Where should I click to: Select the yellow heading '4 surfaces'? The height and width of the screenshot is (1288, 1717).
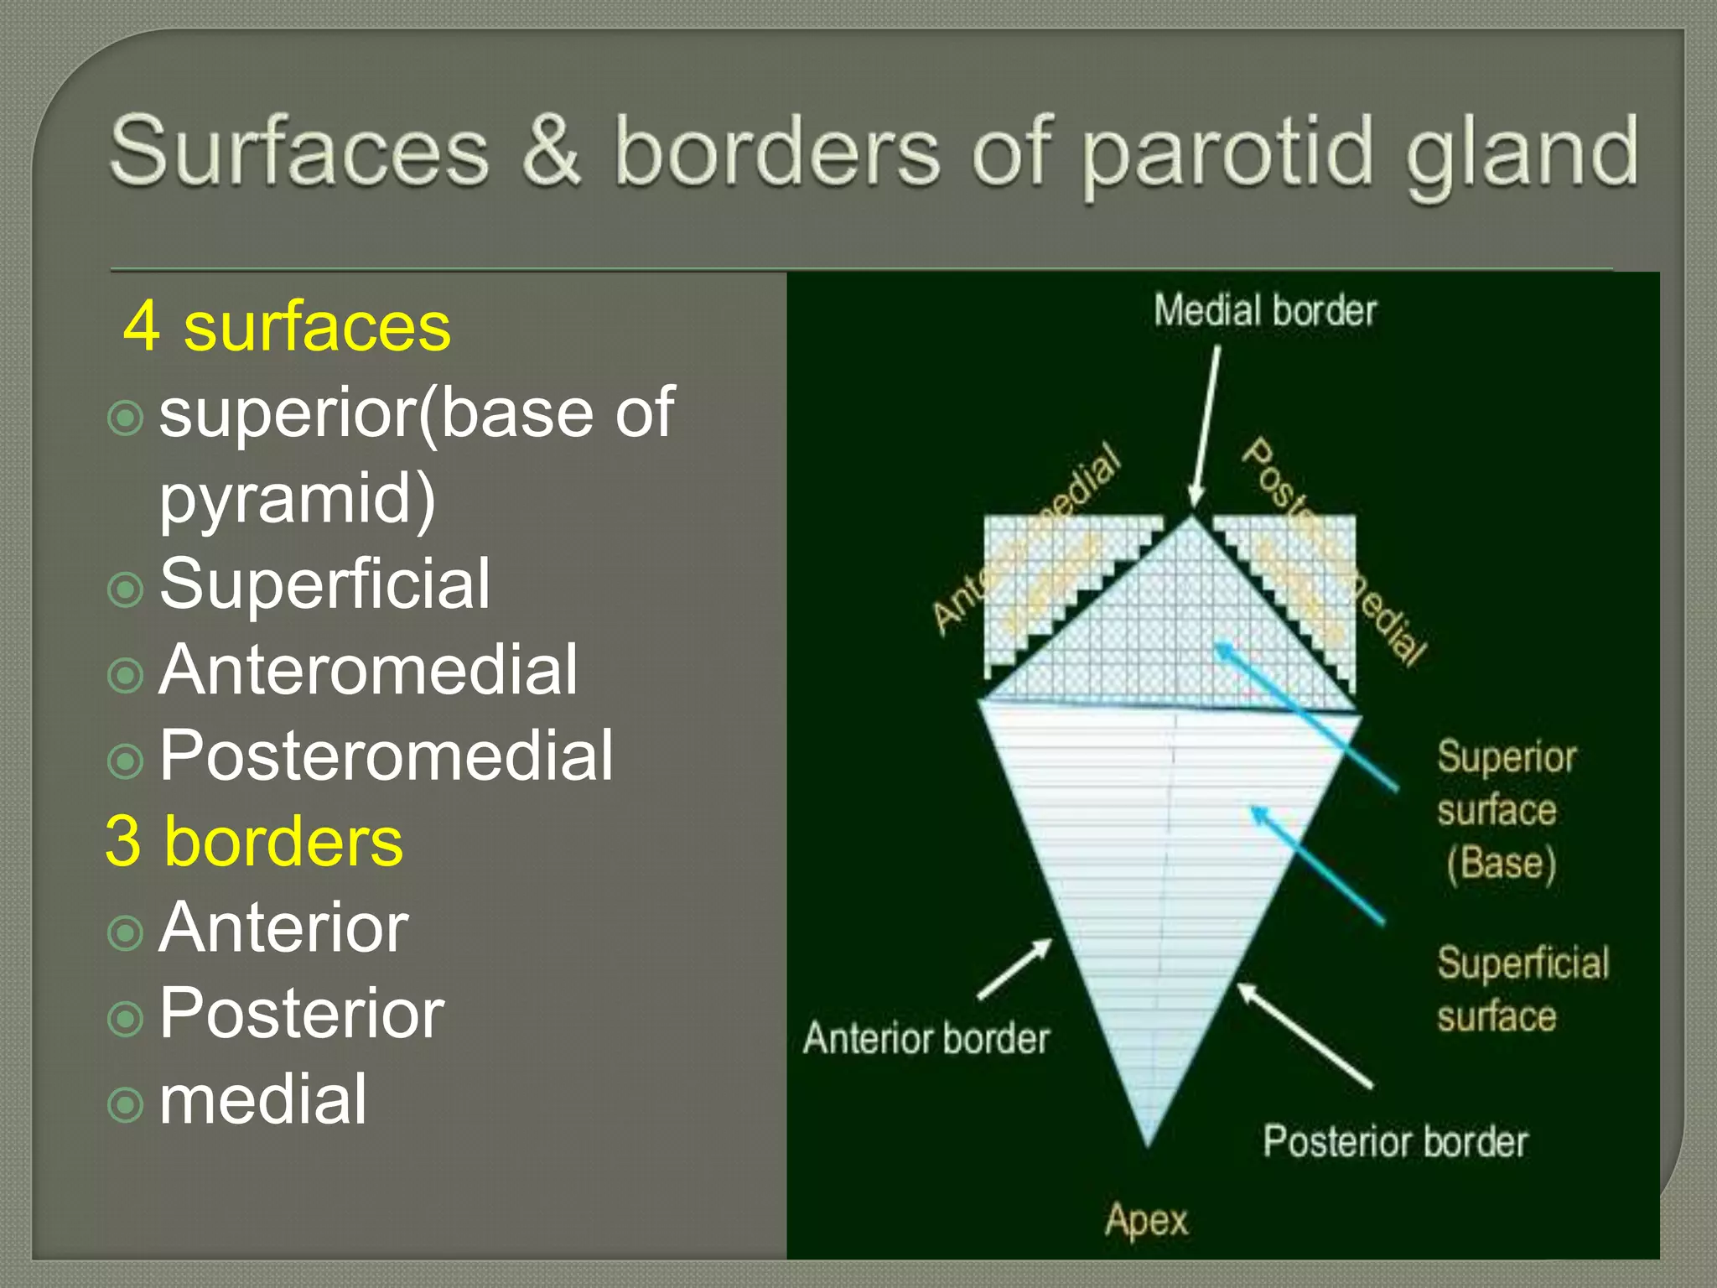pos(287,327)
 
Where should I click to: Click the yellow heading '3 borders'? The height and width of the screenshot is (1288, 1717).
pos(254,841)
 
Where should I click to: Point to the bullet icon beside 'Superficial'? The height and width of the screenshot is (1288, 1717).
pos(126,589)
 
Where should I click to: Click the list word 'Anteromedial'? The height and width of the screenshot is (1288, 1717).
pos(368,670)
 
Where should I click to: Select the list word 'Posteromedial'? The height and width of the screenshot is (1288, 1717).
pos(386,756)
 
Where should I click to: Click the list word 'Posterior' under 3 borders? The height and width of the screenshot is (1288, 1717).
pos(302,1014)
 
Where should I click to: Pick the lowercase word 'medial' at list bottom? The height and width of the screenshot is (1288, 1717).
pos(262,1099)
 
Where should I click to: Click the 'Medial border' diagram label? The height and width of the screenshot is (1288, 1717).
pos(1264,311)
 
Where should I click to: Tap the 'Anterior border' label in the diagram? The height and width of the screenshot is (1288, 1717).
pos(926,1039)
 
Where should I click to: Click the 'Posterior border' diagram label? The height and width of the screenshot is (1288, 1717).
pos(1395,1142)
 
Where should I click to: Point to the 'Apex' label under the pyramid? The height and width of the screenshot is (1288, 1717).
pos(1146,1221)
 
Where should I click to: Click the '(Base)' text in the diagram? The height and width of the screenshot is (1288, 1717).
pos(1501,864)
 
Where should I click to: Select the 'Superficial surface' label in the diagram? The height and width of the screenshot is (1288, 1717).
pos(1522,989)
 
